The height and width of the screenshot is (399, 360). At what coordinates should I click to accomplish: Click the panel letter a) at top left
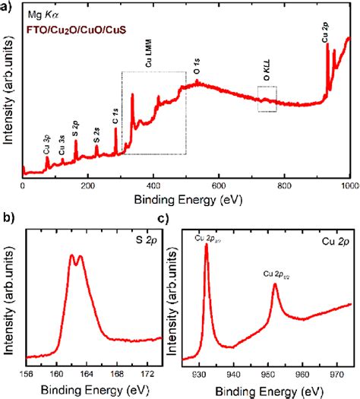(7, 6)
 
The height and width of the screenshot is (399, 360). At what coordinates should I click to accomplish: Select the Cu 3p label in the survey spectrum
(47, 143)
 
